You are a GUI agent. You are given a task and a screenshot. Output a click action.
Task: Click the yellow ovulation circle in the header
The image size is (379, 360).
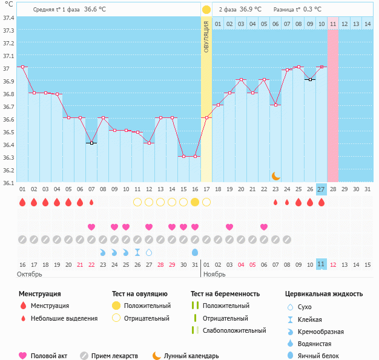(206, 10)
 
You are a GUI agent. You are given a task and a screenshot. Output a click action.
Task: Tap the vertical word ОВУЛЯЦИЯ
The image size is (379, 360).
(206, 36)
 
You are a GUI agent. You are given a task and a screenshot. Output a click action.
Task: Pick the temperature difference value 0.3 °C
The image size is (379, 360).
(312, 10)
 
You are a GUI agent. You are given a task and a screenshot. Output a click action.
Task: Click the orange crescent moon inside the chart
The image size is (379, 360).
(276, 175)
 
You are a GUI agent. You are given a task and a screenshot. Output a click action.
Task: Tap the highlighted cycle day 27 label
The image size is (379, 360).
(321, 189)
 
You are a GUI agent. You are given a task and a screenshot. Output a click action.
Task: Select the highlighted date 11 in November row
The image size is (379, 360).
(321, 264)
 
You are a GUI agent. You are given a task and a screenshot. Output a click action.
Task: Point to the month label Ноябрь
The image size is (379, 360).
(214, 274)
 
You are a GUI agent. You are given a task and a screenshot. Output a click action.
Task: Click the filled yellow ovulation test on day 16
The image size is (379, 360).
(195, 202)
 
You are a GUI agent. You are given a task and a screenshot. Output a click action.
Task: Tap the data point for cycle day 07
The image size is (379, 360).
(91, 143)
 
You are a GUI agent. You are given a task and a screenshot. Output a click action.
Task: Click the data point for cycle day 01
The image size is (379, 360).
(22, 67)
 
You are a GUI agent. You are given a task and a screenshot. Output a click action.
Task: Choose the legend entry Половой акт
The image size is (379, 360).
(50, 356)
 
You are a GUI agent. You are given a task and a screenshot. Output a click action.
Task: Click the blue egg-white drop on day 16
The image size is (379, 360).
(195, 252)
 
